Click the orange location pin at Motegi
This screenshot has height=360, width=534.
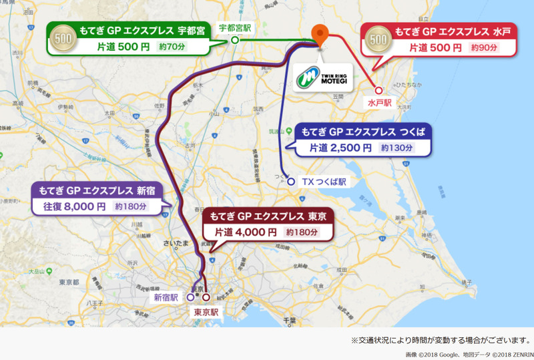(x=321, y=33)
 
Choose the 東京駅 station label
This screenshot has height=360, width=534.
(x=206, y=311)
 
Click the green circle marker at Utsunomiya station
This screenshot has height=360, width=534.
(x=235, y=40)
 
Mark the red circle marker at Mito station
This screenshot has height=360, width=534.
(x=378, y=90)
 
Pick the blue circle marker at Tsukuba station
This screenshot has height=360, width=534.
(x=291, y=181)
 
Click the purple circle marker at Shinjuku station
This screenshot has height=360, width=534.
(x=191, y=297)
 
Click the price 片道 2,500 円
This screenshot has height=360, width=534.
(x=340, y=148)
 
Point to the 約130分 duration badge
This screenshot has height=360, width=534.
(x=396, y=148)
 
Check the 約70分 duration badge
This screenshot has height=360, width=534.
(x=174, y=47)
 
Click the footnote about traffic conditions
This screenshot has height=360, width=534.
(x=441, y=340)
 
